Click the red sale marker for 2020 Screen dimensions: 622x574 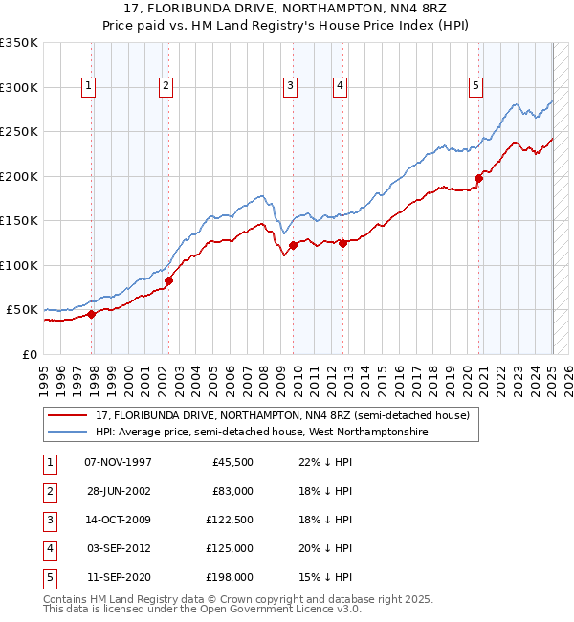479,177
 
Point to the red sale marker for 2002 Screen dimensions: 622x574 168,280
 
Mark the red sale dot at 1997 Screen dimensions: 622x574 91,314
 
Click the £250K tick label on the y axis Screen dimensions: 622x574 19,132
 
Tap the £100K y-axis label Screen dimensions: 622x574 19,265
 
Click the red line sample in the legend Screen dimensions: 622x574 67,416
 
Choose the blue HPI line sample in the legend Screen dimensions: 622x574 67,433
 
